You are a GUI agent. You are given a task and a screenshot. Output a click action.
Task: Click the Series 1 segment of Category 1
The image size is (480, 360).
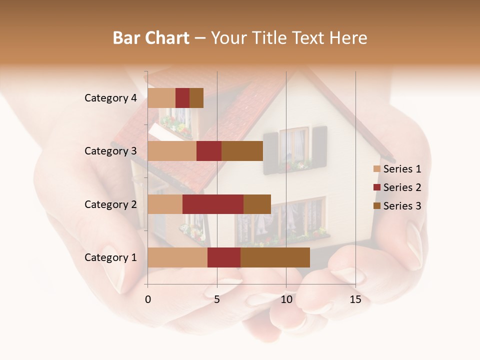(177, 257)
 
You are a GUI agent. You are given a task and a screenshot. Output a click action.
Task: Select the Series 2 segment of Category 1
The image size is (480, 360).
(224, 257)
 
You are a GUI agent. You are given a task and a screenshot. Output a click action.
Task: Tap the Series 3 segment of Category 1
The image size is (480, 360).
(275, 257)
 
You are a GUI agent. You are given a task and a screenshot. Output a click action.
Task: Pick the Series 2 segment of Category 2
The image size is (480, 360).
(213, 204)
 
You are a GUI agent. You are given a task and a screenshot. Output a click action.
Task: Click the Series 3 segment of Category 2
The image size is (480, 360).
(257, 204)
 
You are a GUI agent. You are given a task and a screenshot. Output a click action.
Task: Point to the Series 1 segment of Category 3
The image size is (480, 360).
(172, 151)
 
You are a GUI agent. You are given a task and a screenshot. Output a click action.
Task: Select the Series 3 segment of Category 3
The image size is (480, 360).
(242, 151)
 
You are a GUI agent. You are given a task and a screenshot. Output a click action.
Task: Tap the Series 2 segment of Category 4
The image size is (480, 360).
(182, 98)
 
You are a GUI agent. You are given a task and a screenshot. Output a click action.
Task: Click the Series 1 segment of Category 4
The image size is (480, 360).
(161, 98)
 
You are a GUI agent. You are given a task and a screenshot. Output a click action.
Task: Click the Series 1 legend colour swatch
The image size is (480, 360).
(376, 169)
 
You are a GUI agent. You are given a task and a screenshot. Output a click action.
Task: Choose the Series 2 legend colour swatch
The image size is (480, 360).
(376, 187)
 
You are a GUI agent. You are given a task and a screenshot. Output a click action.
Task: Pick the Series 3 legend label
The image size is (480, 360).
(402, 206)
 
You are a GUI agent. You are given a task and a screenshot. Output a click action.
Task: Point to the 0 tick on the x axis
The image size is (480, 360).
(148, 300)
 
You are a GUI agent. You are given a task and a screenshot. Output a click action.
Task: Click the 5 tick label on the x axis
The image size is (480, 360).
(217, 300)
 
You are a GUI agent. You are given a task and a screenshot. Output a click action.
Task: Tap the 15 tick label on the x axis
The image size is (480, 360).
(355, 300)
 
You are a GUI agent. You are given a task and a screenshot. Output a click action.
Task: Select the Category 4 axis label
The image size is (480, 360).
(110, 98)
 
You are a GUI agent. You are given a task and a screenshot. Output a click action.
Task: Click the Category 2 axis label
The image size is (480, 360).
(110, 204)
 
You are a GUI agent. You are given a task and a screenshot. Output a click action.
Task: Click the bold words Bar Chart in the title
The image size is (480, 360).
(151, 38)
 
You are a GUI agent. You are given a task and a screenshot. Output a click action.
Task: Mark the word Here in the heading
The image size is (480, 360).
(347, 38)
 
